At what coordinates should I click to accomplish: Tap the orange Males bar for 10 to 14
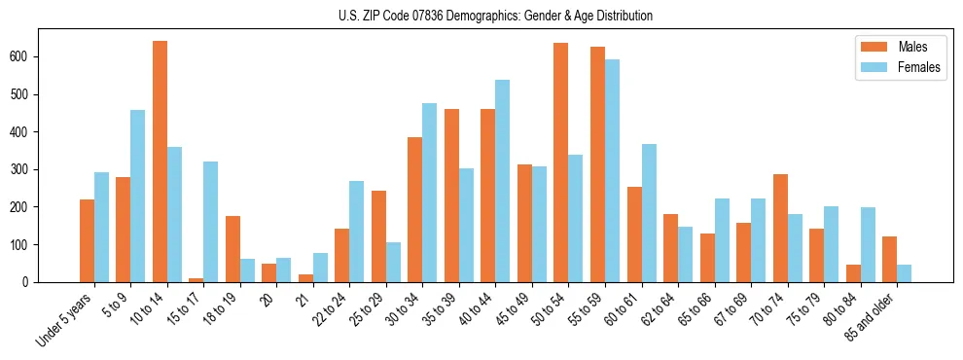[x=160, y=162]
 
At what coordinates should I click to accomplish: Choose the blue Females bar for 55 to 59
[x=612, y=171]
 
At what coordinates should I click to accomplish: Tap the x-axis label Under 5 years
[x=65, y=320]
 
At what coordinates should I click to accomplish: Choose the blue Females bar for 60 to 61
[x=649, y=213]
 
